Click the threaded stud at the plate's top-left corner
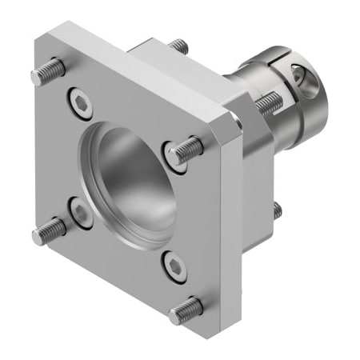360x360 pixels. (48, 73)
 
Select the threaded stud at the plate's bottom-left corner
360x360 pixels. (49, 232)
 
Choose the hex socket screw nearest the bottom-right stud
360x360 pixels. (174, 266)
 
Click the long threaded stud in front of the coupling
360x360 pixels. (268, 102)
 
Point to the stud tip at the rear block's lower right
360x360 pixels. (276, 210)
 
